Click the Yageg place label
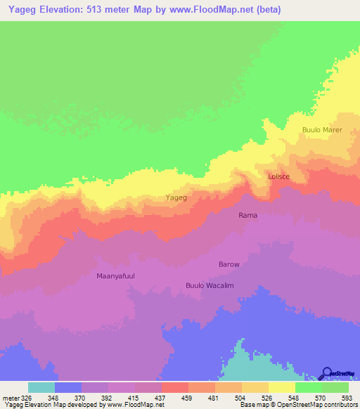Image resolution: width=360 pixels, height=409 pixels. [176, 198]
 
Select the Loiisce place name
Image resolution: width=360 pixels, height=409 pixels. [278, 177]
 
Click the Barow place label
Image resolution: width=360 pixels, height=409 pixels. [229, 264]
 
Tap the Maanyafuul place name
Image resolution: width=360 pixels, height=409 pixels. [115, 276]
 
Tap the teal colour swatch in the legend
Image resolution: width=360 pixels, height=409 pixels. [41, 387]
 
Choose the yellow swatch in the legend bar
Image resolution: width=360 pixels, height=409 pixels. [281, 387]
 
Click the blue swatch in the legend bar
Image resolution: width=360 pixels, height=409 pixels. [68, 387]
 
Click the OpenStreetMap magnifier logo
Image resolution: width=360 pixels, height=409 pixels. [326, 373]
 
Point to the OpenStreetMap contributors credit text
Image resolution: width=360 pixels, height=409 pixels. [310, 405]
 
